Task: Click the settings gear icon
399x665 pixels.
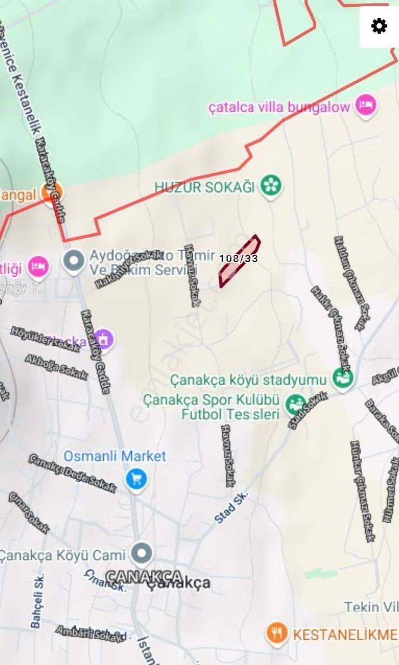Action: coord(379,25)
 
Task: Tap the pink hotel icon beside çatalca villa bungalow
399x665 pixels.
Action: coord(366,106)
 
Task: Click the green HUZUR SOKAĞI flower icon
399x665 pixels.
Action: coord(270,186)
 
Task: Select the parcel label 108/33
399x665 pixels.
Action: coord(238,258)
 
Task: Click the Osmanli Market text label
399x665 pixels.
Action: coord(115,456)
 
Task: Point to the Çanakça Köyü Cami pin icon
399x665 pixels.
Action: coord(142,553)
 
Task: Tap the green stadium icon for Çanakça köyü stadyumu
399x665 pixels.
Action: coord(343,377)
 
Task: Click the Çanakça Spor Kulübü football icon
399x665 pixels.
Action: coord(295,404)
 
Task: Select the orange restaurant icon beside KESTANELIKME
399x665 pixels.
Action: coord(277,633)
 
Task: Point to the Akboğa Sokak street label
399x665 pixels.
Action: coord(56,367)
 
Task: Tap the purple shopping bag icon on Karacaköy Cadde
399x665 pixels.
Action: coord(104,340)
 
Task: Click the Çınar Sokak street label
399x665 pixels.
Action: coord(28,512)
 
